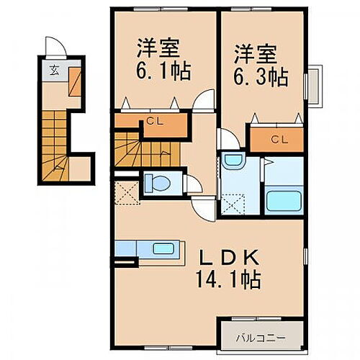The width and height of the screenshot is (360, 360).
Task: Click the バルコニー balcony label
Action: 261,336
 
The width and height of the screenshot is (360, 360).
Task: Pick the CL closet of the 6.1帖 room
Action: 155,121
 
